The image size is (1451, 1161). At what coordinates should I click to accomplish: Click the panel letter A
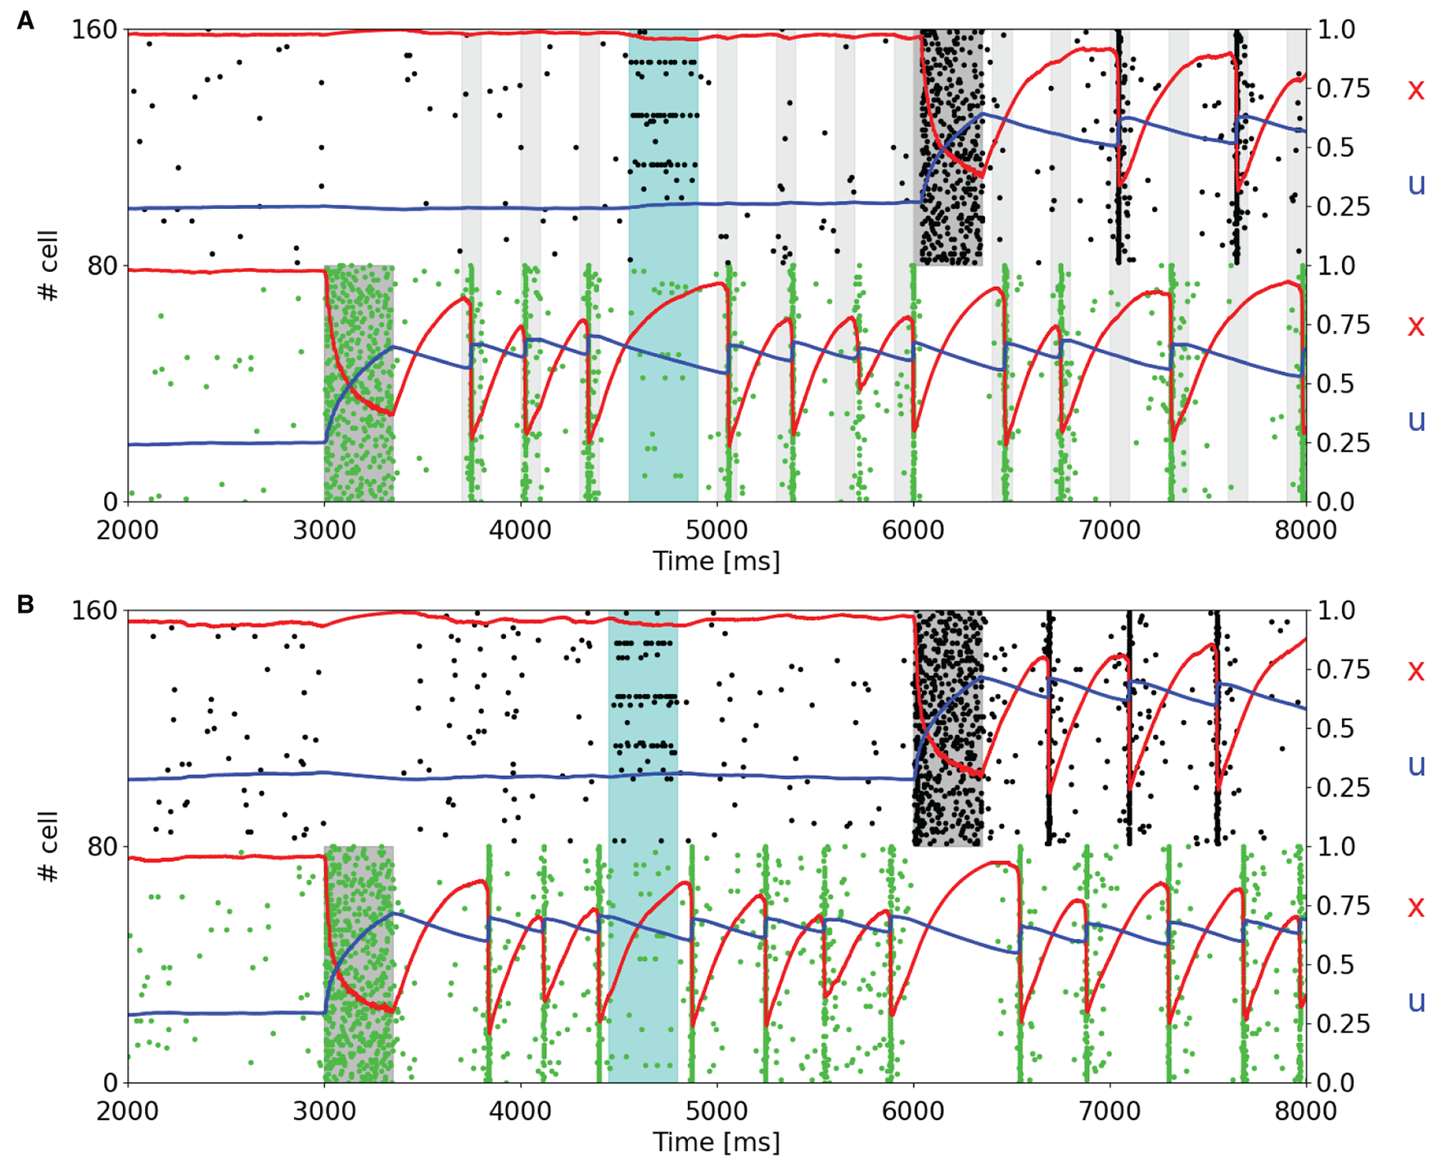tap(25, 20)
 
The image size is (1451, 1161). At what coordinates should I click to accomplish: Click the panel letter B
tap(25, 605)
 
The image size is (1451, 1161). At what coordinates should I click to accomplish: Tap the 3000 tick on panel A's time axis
tap(324, 530)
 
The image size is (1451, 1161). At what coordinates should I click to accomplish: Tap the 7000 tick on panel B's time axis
tap(1109, 1111)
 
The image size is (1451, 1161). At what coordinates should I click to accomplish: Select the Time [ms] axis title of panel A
tap(716, 561)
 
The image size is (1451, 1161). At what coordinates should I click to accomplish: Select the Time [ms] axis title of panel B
tap(716, 1142)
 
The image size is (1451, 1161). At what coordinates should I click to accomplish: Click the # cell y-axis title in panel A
tap(48, 265)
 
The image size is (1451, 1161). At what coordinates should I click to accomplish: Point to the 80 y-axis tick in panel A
tap(103, 265)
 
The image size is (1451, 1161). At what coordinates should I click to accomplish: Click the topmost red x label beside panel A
tap(1416, 89)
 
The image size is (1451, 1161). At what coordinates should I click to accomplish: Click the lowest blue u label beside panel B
tap(1416, 1000)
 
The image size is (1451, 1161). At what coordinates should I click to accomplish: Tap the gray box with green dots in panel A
tap(359, 383)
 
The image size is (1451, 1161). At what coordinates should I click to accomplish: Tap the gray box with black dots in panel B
tap(947, 728)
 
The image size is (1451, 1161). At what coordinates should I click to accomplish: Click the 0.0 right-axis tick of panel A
tap(1335, 501)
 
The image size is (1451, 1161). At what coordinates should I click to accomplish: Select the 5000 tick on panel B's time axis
tap(716, 1111)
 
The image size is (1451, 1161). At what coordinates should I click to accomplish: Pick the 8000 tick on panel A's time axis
tap(1305, 530)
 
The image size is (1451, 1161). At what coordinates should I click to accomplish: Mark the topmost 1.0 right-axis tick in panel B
tap(1335, 610)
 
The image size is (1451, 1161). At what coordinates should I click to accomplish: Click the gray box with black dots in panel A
tap(948, 147)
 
